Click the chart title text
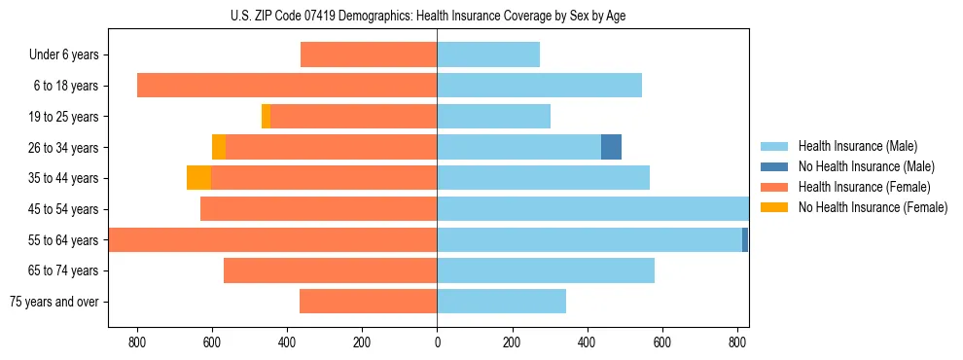tap(434, 16)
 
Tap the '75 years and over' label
tap(54, 302)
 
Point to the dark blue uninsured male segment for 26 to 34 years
tap(611, 147)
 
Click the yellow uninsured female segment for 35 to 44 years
tap(198, 178)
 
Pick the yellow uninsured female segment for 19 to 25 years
tap(266, 117)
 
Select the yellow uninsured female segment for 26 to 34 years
tap(219, 147)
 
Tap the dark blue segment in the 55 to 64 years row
tap(745, 239)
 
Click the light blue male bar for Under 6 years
tap(488, 54)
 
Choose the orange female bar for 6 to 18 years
tap(287, 86)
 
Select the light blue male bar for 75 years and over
tap(501, 302)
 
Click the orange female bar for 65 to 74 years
tap(331, 270)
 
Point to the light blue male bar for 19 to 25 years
tap(493, 117)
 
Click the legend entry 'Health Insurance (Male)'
tap(857, 146)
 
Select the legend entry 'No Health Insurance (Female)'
tap(873, 207)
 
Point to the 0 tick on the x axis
tap(437, 342)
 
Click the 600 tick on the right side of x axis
tap(661, 342)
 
